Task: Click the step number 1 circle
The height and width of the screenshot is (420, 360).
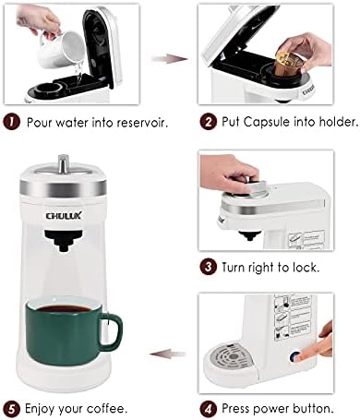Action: click(x=11, y=122)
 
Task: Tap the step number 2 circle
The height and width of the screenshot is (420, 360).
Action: click(x=209, y=122)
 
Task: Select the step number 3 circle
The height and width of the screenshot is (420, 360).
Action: click(x=209, y=267)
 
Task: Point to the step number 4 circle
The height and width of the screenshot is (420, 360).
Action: click(x=209, y=409)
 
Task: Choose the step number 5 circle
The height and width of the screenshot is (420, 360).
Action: click(x=11, y=409)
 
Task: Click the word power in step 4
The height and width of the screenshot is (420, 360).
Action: click(x=271, y=410)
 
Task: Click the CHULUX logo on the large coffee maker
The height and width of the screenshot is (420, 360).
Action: click(x=64, y=215)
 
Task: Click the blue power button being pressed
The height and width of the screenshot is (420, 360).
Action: click(x=294, y=357)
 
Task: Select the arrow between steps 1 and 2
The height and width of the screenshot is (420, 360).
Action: click(x=170, y=58)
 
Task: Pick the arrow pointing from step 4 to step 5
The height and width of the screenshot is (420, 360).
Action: click(x=168, y=354)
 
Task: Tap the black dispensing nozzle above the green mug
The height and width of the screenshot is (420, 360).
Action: click(x=64, y=241)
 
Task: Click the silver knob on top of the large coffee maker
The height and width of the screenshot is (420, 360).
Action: click(x=64, y=162)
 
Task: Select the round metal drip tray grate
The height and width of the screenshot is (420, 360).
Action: click(x=233, y=358)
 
